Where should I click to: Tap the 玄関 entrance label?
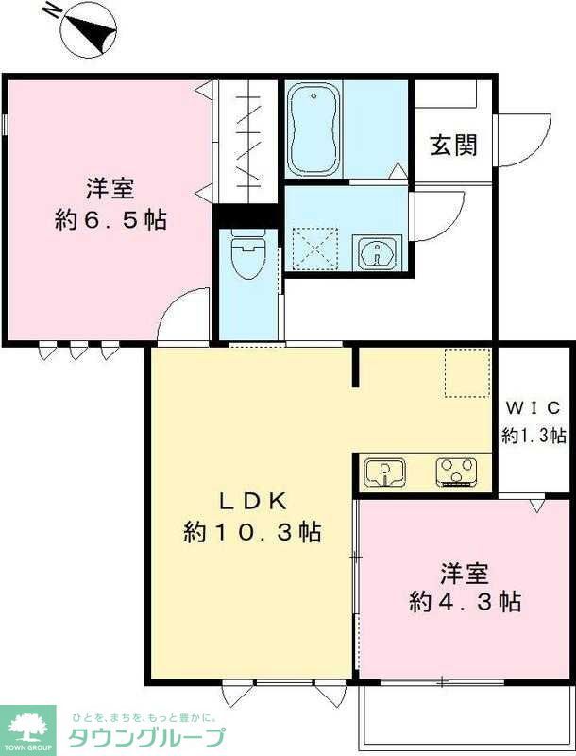coord(453,145)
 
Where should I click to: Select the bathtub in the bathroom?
coord(313,129)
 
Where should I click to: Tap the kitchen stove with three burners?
coord(457,471)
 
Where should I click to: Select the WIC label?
coord(534,408)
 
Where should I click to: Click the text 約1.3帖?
coord(534,436)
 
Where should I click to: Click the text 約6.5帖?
coord(111,219)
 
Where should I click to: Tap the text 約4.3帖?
coord(465,601)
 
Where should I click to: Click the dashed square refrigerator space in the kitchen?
coord(467,372)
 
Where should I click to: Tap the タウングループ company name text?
coord(146,737)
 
